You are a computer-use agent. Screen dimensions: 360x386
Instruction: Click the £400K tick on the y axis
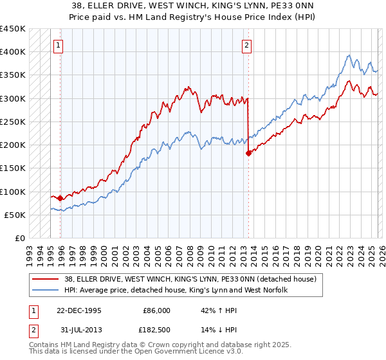pyautogui.click(x=13, y=51)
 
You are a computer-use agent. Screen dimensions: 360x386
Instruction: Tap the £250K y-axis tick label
pyautogui.click(x=13, y=122)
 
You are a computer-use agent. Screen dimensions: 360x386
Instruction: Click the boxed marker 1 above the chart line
pyautogui.click(x=59, y=45)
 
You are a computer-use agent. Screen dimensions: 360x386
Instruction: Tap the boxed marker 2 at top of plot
pyautogui.click(x=247, y=45)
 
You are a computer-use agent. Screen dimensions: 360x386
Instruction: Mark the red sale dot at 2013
pyautogui.click(x=248, y=153)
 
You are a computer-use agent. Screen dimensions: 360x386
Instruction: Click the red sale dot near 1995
pyautogui.click(x=60, y=198)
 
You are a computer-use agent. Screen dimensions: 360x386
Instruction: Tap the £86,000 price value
pyautogui.click(x=156, y=310)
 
